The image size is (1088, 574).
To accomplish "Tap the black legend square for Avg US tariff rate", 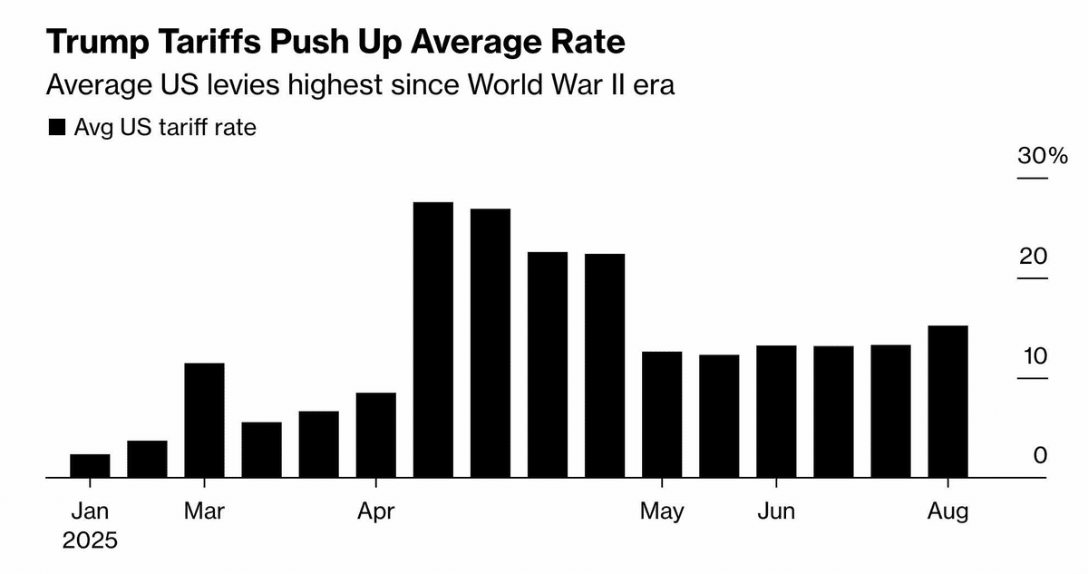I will tap(57, 128).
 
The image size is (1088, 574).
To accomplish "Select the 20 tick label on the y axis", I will tap(1034, 257).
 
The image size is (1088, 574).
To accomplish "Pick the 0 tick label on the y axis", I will tap(1040, 456).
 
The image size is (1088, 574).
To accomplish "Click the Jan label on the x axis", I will tap(90, 511).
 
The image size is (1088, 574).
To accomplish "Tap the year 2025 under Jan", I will tap(90, 541).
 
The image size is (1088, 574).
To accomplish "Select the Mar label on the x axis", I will tap(205, 511).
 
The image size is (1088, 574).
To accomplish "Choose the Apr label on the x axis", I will tap(375, 511).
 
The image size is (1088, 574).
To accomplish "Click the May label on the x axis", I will tap(662, 511).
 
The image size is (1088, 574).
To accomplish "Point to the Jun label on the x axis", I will tap(776, 511).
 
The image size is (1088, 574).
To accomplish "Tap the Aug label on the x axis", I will tap(947, 511).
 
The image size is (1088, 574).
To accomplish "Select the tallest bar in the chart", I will tap(433, 339).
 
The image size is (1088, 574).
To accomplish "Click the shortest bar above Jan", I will tap(90, 465).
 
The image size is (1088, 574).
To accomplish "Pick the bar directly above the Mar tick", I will tap(204, 420).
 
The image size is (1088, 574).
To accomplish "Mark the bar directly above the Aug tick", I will tap(947, 401).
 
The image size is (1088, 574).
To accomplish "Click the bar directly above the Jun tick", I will tap(776, 411).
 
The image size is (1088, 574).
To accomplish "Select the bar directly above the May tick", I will tap(662, 413).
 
